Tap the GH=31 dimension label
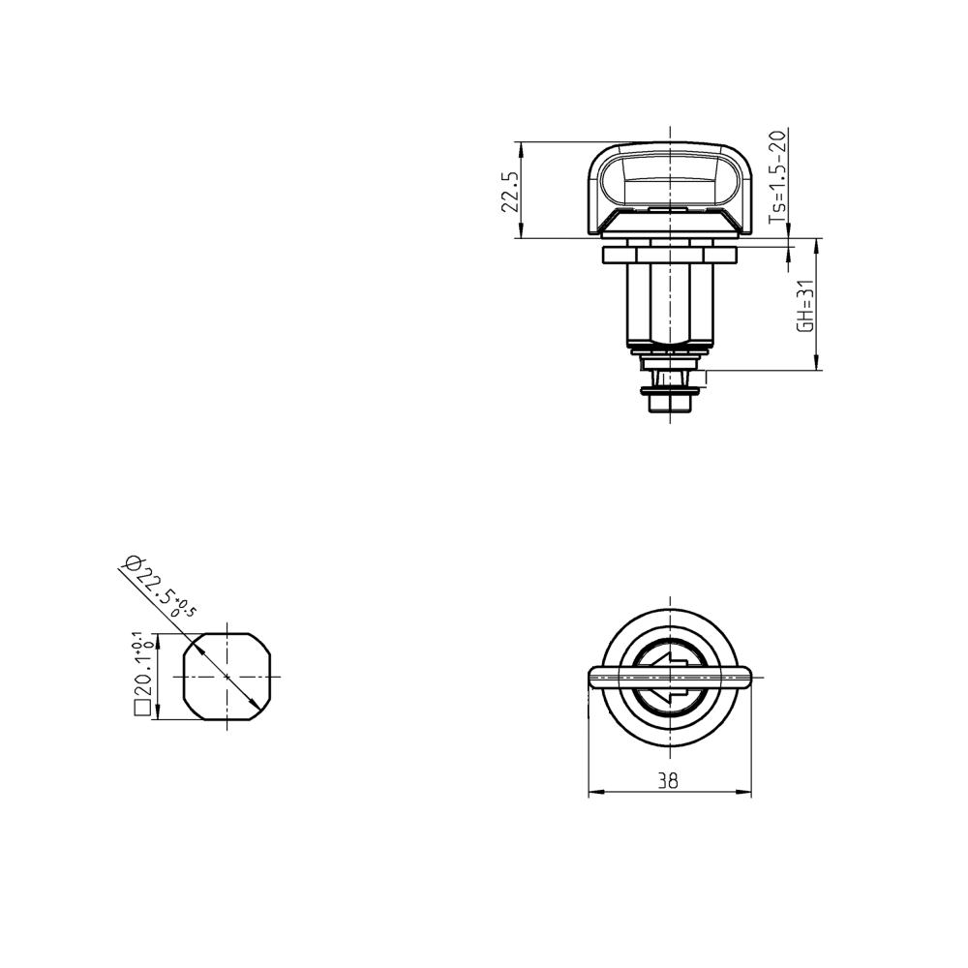803,308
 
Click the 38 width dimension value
668,781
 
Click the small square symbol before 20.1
141,710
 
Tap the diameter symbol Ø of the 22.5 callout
134,563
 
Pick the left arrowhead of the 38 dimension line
594,793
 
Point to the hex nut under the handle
669,255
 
